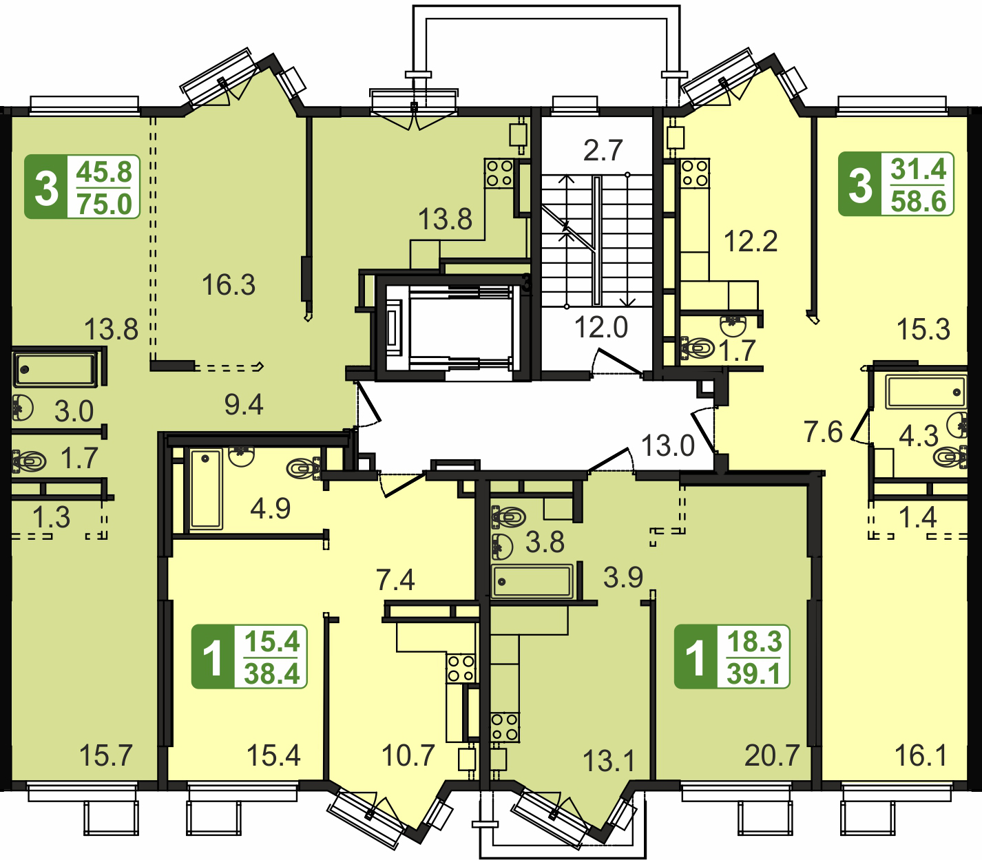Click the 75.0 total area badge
[x=82, y=187]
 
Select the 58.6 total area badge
[x=896, y=184]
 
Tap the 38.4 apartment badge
[x=249, y=656]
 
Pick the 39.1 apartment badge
[x=732, y=656]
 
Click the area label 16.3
[x=229, y=284]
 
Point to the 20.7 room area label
[x=772, y=755]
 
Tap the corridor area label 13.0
[x=667, y=445]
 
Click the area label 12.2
[x=751, y=241]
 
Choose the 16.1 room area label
[x=921, y=755]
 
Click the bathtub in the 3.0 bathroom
[x=55, y=370]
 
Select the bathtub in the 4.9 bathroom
[x=207, y=489]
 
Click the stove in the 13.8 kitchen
[x=499, y=174]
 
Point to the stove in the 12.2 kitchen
[x=695, y=174]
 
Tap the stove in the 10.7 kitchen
[x=461, y=669]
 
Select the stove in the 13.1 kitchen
[x=505, y=727]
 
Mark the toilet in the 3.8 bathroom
[x=508, y=517]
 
